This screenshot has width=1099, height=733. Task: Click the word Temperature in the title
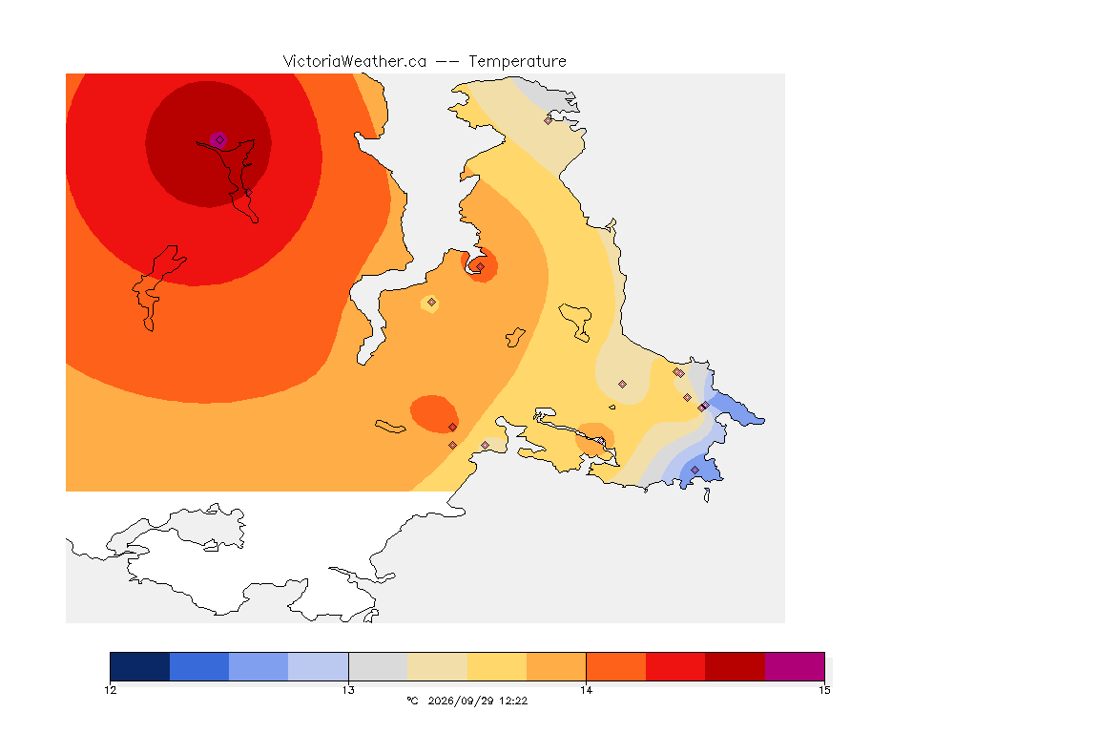pos(517,62)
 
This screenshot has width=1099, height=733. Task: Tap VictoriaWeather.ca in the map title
pos(355,62)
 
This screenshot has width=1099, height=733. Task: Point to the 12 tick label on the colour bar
pos(110,690)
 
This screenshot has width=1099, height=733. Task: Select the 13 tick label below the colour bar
pos(348,690)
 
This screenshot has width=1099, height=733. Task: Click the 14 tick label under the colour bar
pos(586,690)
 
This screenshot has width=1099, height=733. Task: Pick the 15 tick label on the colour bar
pos(824,690)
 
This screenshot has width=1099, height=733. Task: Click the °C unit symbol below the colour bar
pos(413,701)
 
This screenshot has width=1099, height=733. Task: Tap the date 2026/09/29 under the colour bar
pos(460,701)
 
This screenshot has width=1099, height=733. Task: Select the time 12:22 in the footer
pos(513,701)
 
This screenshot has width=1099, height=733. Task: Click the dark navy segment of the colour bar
pos(140,666)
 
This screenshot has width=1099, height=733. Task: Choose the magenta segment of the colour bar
pos(794,666)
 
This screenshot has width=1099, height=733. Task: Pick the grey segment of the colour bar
pos(378,666)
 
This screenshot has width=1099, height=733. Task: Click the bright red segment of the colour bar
pos(675,666)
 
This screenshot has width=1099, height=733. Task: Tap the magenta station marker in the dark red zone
pos(219,140)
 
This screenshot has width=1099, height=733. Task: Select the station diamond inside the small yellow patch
pos(432,303)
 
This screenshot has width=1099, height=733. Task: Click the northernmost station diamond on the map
pos(549,120)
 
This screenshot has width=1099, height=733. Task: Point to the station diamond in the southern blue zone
pos(695,470)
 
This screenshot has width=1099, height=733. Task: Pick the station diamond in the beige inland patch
pos(622,385)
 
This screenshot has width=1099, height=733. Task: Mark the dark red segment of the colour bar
pos(735,666)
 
